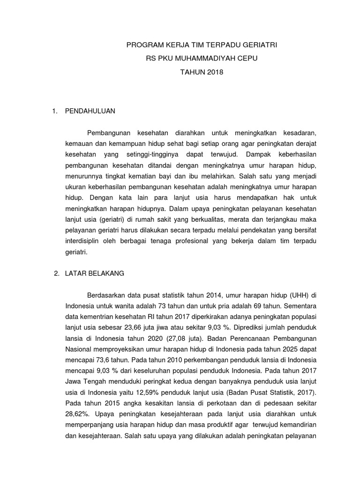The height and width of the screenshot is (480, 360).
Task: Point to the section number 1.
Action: tap(55, 111)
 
